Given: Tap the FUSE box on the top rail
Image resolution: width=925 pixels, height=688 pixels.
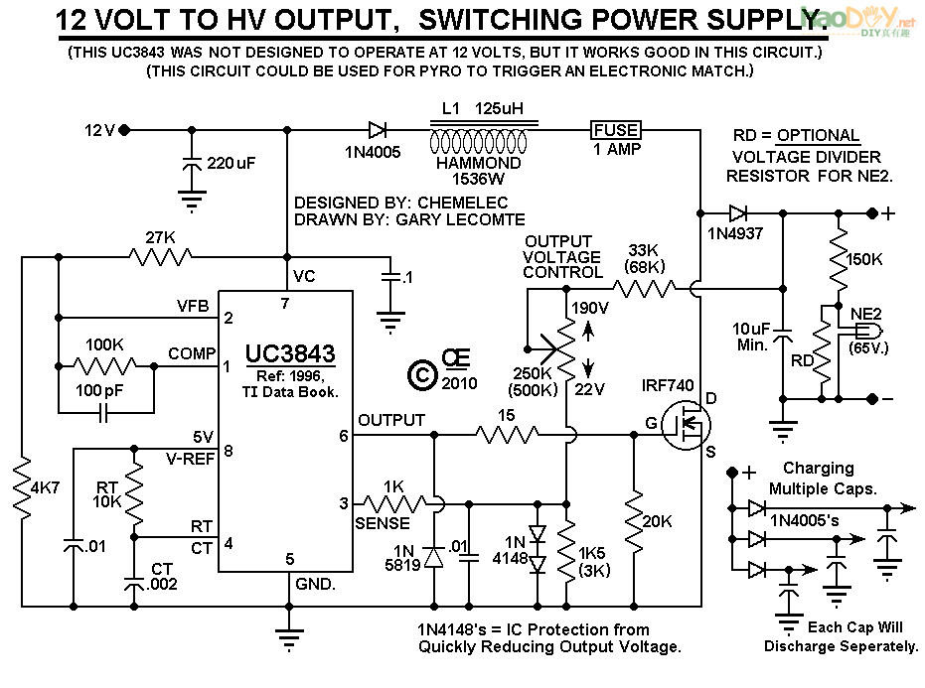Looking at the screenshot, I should pyautogui.click(x=616, y=129).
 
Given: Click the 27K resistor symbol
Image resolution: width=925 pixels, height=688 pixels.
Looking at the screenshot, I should pyautogui.click(x=159, y=257).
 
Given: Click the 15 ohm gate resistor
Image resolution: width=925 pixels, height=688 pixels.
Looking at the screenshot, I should pyautogui.click(x=507, y=434).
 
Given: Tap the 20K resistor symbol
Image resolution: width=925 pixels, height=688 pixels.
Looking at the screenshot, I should pyautogui.click(x=633, y=516).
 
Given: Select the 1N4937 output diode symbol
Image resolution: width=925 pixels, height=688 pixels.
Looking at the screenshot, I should pyautogui.click(x=737, y=212).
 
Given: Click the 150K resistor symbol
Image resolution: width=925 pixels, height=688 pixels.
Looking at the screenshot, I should pyautogui.click(x=840, y=257).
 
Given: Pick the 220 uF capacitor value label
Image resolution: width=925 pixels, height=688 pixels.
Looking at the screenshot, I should pyautogui.click(x=231, y=163).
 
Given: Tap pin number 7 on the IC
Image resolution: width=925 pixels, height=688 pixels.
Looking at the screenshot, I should pyautogui.click(x=285, y=303).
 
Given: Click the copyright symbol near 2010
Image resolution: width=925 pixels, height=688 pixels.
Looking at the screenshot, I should pyautogui.click(x=421, y=373).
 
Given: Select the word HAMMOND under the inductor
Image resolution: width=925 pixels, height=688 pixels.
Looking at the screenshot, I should pyautogui.click(x=479, y=163).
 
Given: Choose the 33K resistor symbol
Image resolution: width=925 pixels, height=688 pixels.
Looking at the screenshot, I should pyautogui.click(x=643, y=289).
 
